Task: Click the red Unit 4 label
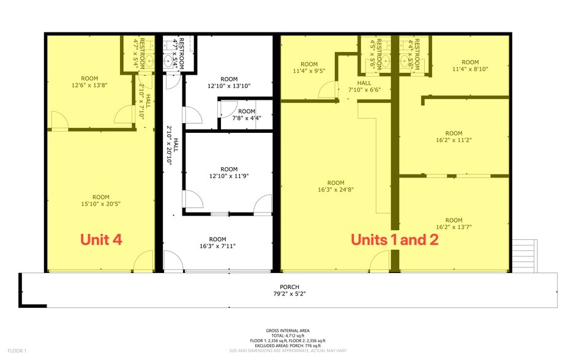(x=102, y=239)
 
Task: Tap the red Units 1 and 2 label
(x=394, y=239)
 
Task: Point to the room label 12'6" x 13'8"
(x=89, y=82)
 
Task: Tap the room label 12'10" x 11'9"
(x=228, y=173)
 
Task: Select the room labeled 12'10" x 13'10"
(x=229, y=83)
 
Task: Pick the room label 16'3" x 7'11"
(x=217, y=243)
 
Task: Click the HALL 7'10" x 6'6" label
(x=364, y=86)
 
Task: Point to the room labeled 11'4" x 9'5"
(x=309, y=67)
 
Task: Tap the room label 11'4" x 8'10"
(x=470, y=66)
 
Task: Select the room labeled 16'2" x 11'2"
(x=454, y=137)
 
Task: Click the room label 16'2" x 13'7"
(x=454, y=223)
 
